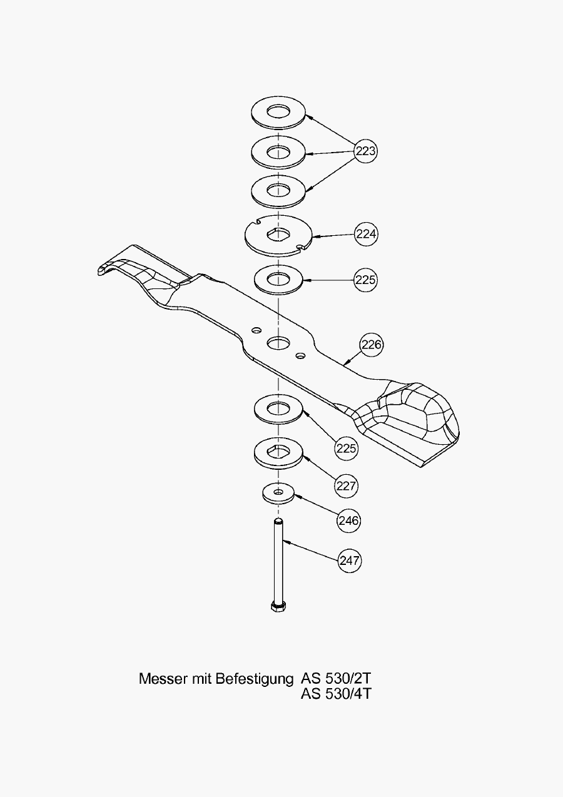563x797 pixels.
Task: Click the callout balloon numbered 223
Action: click(365, 151)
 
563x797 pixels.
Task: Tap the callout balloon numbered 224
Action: click(366, 234)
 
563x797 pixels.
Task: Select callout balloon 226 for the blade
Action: click(371, 344)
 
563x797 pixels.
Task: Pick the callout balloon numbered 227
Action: click(346, 485)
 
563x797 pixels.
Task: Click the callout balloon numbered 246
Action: click(348, 520)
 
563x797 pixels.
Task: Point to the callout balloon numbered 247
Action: click(350, 560)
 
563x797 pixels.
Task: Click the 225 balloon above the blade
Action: click(365, 280)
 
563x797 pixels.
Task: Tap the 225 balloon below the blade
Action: click(346, 448)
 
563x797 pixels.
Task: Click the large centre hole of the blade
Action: click(278, 342)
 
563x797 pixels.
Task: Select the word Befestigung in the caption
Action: click(254, 679)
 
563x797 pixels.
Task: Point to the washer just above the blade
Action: click(278, 278)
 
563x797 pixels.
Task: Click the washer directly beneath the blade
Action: click(278, 410)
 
